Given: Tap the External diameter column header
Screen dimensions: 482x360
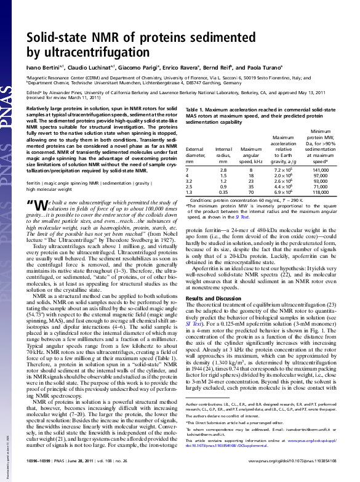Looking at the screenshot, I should coord(194,152).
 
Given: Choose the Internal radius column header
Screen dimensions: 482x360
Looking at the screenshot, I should coord(224,152).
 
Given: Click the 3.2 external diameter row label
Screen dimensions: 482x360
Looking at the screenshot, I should coord(188,182).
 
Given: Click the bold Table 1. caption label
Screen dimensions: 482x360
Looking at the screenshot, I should coord(196,108).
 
